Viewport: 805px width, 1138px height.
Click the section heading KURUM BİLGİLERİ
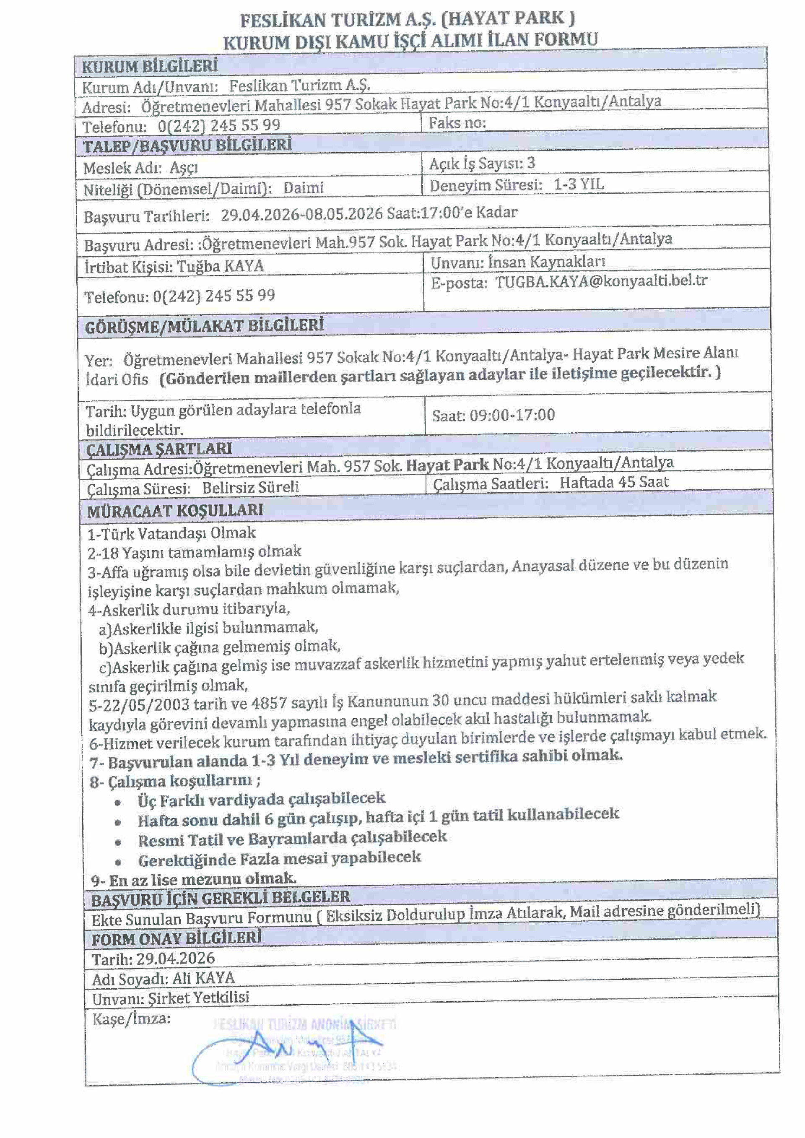[150, 66]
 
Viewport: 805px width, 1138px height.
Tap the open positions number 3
[531, 163]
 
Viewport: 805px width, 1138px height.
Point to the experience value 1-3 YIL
[579, 185]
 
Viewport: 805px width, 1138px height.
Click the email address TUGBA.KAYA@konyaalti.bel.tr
[601, 281]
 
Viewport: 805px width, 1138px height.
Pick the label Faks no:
[457, 123]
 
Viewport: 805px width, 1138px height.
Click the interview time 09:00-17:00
[512, 414]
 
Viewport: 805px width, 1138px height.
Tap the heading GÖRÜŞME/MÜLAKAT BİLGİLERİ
[204, 326]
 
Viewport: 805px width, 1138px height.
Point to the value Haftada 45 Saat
[614, 482]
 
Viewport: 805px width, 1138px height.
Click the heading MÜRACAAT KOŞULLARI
[175, 511]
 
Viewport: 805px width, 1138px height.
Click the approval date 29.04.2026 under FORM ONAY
[176, 958]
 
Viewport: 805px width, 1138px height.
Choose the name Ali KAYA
[203, 978]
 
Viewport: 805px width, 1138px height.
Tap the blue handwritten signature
[278, 1053]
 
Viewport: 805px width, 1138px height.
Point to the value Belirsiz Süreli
[250, 487]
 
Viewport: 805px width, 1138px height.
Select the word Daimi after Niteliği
[304, 188]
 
